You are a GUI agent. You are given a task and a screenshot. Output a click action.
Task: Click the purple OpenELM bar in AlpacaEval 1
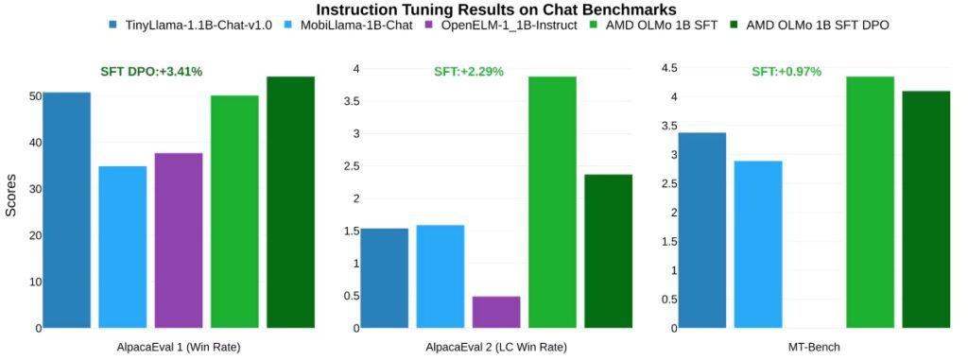pos(179,240)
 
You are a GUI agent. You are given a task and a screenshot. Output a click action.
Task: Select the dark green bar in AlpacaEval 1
pos(290,202)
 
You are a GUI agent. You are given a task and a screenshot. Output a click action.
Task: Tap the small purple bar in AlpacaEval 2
pos(496,312)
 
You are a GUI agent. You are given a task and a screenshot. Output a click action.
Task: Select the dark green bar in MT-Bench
pos(925,209)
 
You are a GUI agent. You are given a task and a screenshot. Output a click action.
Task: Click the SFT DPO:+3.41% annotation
pos(152,71)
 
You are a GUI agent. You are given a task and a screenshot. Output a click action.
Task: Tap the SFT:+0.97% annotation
pos(786,71)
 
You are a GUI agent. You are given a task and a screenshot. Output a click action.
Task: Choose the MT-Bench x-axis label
pos(814,347)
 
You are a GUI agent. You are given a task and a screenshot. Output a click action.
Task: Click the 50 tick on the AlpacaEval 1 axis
pos(34,96)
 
